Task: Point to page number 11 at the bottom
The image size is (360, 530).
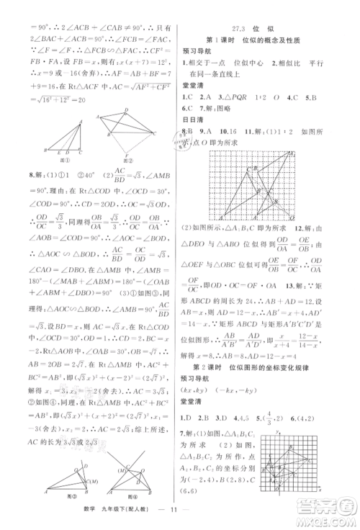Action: pyautogui.click(x=179, y=516)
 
